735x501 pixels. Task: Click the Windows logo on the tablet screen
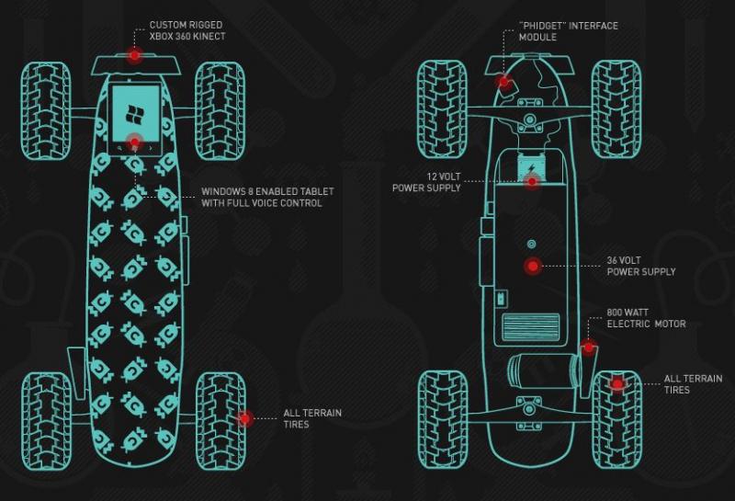(135, 114)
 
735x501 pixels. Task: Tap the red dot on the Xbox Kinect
(134, 55)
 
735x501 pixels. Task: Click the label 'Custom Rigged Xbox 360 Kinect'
(187, 30)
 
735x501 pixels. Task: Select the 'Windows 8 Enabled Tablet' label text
(267, 197)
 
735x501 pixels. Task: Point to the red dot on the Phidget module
(503, 82)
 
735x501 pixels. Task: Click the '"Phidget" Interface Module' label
(568, 31)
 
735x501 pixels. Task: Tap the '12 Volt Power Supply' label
(426, 182)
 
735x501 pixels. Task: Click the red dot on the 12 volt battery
(532, 181)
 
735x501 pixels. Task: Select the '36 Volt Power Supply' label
(640, 266)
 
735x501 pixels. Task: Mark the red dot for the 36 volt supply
(533, 267)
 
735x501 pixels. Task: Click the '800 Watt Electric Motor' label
(646, 318)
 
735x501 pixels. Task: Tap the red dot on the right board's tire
(617, 383)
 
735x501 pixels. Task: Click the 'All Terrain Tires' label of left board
(312, 418)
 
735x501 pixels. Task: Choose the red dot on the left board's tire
(244, 418)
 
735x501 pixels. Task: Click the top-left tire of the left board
(46, 110)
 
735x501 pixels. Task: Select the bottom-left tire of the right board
(442, 419)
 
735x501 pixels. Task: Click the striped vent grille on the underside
(531, 326)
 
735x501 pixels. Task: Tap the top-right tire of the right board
(616, 108)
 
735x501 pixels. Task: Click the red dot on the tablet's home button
(135, 142)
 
